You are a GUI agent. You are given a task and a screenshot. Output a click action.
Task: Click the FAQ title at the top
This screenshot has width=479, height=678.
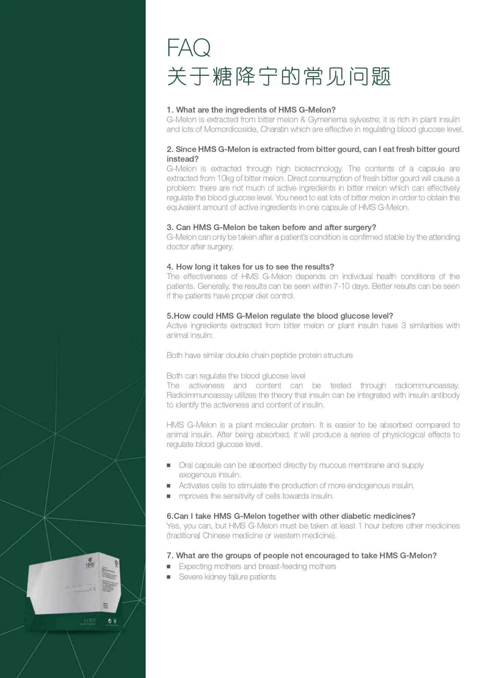(189, 48)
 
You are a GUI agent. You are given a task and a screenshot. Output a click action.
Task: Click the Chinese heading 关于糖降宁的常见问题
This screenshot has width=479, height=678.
(279, 76)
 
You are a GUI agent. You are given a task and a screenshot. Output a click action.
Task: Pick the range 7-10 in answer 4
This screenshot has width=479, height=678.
(342, 286)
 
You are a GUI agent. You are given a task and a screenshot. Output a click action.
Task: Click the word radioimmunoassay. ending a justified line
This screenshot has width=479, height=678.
(427, 385)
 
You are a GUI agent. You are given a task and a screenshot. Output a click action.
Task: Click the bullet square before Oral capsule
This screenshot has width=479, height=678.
(169, 465)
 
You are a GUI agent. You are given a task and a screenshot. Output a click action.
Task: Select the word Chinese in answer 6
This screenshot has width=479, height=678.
(217, 536)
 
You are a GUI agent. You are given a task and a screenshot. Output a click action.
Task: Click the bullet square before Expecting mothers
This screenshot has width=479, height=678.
(169, 566)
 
